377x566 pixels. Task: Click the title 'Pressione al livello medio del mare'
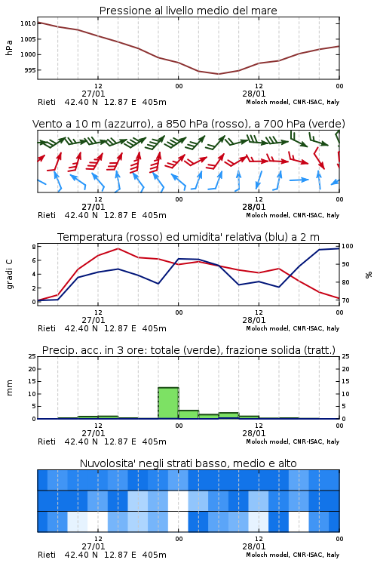188,11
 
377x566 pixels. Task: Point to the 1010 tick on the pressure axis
28,23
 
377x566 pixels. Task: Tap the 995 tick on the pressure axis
30,70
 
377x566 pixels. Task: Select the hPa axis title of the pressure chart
9,48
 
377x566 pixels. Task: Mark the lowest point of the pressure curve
218,74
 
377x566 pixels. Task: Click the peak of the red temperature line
118,249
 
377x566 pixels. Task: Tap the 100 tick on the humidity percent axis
348,246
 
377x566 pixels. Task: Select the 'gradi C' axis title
9,274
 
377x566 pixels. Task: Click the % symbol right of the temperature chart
369,275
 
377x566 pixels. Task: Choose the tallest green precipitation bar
168,403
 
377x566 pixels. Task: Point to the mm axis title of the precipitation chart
9,388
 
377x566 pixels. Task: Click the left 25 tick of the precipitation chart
32,356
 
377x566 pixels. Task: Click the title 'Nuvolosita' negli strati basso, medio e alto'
188,463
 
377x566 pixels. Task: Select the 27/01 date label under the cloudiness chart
93,546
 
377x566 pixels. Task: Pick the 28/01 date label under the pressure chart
253,94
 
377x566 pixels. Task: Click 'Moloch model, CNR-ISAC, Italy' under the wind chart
293,215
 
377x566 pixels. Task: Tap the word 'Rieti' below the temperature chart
47,328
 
